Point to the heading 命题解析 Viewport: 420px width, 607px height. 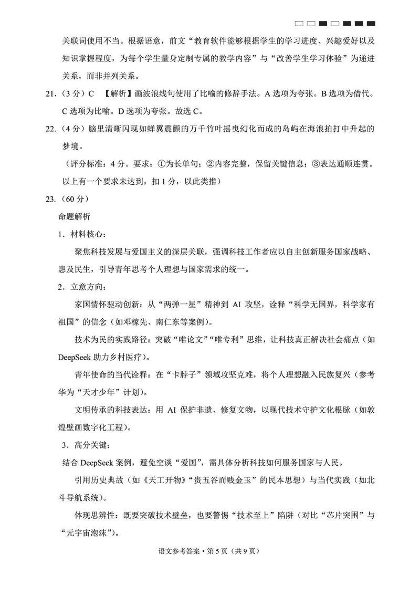(x=76, y=216)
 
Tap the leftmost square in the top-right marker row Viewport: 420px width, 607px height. (x=299, y=24)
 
